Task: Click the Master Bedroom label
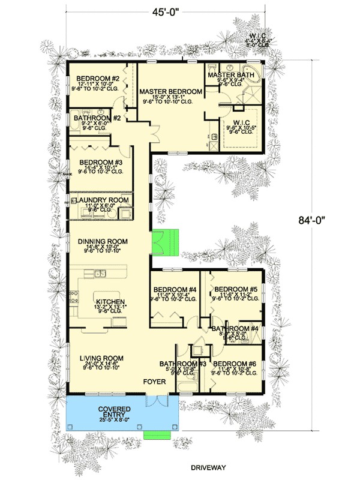171,92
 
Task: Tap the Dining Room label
103,242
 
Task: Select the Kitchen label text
110,302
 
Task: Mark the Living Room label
101,359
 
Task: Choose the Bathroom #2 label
98,119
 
